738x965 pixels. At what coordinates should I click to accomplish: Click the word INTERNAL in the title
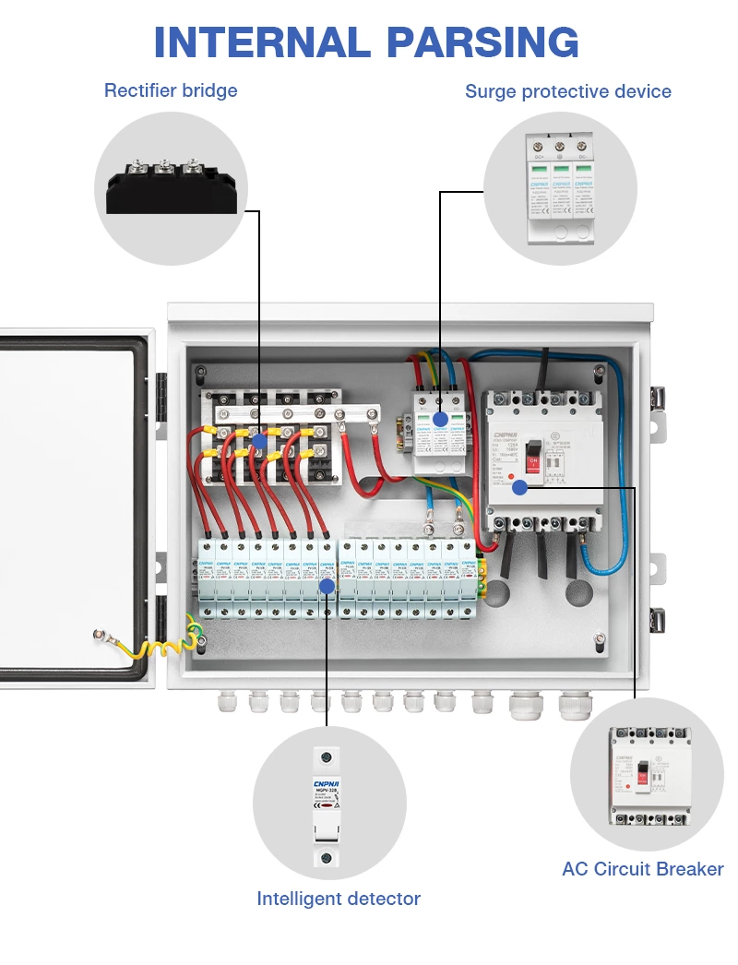261,42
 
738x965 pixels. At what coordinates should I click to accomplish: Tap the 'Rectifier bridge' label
171,90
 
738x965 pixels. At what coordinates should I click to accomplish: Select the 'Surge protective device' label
567,91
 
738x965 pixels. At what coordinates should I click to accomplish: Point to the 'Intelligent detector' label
339,898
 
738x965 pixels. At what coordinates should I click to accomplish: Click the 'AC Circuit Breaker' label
642,868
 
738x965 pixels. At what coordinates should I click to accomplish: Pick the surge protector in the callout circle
560,188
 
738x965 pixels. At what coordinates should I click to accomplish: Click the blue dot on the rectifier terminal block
260,442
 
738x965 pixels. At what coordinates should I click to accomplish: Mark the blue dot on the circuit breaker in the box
520,487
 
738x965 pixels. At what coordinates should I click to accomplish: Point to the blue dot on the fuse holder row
327,585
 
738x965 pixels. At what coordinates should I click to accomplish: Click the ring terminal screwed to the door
99,634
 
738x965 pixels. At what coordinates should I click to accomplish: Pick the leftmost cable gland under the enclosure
227,704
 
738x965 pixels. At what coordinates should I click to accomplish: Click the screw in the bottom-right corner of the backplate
601,639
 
